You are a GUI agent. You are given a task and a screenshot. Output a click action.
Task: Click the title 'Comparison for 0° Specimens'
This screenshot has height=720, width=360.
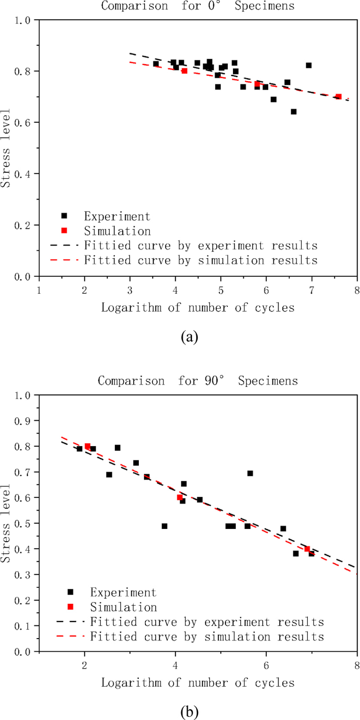[x=198, y=6]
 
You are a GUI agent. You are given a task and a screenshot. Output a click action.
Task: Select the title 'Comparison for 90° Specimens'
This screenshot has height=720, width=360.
[x=198, y=380]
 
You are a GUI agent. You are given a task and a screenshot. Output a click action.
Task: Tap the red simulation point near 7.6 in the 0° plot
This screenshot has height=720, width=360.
[x=339, y=97]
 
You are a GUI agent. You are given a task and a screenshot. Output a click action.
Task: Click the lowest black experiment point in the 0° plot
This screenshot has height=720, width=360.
[x=293, y=111]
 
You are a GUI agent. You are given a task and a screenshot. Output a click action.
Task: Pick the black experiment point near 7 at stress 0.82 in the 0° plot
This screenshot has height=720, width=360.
[x=309, y=65]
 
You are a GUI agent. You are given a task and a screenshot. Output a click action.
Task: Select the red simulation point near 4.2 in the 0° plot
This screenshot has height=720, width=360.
[x=184, y=71]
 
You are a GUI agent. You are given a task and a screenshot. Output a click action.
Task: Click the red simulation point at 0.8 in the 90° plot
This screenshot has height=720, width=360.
[x=87, y=446]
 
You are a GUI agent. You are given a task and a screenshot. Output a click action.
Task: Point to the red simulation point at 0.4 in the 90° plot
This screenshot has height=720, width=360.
[x=307, y=548]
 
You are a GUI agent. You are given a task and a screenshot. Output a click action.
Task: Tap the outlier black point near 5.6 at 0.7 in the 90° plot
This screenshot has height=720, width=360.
[x=250, y=473]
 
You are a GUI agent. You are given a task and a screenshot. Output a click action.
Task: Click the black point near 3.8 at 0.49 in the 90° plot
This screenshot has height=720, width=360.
[x=165, y=526]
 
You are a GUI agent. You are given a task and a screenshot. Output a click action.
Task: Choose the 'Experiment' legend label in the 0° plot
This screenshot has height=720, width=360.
[x=117, y=216]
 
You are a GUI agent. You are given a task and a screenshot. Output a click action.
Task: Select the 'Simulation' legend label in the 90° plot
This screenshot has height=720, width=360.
[x=124, y=607]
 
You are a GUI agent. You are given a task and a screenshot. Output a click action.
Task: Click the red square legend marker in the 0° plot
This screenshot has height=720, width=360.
[x=64, y=230]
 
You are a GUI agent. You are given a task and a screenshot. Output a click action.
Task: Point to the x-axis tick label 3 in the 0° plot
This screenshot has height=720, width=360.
[x=130, y=291]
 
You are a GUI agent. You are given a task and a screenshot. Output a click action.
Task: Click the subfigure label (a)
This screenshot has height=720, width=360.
[x=189, y=337]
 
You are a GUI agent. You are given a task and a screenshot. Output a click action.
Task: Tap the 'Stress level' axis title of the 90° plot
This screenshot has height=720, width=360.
[x=6, y=523]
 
